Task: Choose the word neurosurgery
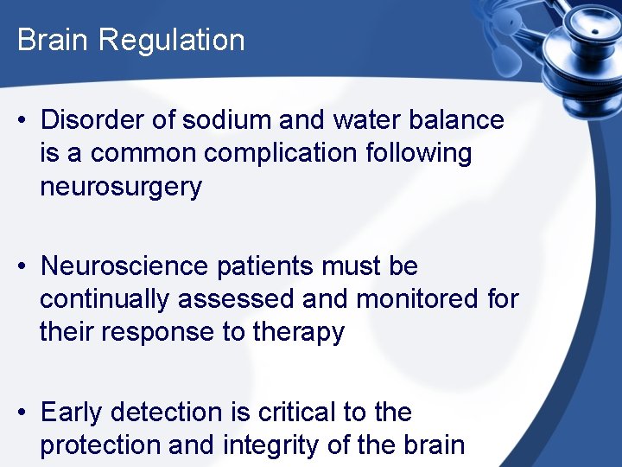tap(120, 187)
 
